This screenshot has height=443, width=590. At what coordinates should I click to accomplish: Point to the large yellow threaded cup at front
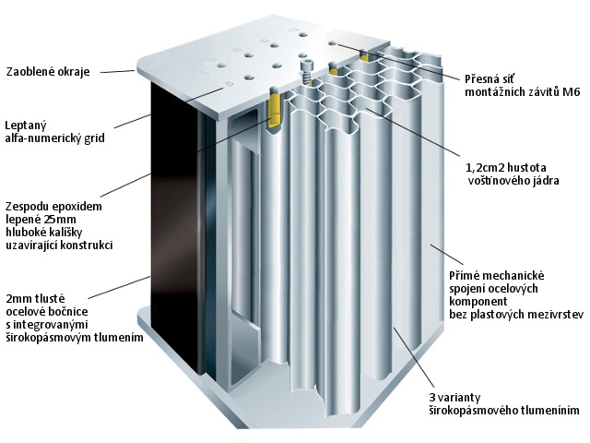(x=276, y=106)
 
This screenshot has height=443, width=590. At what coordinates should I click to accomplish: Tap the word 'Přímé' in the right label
(x=467, y=275)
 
